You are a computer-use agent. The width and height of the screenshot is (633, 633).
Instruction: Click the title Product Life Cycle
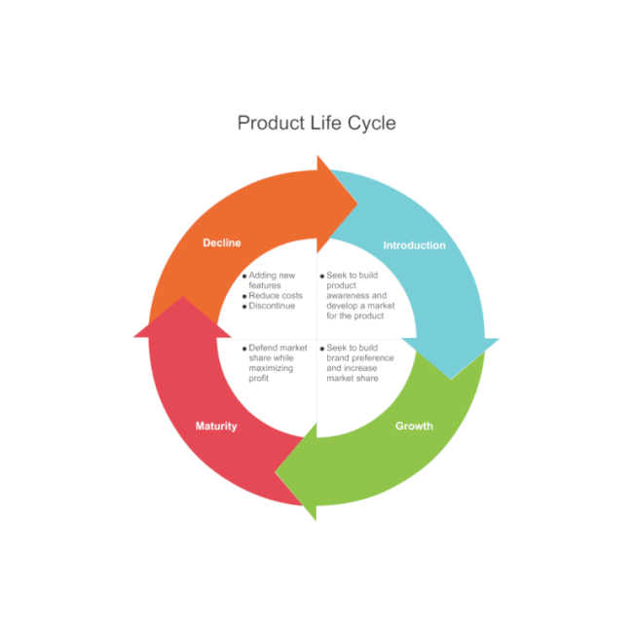tap(316, 124)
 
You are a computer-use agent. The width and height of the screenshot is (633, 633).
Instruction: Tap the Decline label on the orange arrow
tap(221, 242)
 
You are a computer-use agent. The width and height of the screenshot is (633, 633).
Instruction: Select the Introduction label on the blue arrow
tap(414, 245)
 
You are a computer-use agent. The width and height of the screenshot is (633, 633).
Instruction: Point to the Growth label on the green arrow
tap(414, 427)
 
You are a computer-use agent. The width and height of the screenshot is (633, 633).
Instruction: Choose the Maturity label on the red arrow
tap(215, 427)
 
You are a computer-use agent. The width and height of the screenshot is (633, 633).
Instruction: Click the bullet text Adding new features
tap(271, 280)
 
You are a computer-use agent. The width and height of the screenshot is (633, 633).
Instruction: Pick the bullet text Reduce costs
tap(276, 296)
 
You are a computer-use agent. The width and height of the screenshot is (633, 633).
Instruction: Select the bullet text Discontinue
tap(272, 306)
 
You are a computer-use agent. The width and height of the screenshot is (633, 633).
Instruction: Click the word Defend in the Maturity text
tap(263, 348)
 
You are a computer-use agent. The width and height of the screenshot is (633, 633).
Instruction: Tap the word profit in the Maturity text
tap(259, 378)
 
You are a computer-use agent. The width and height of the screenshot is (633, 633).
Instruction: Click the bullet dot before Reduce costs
tap(244, 296)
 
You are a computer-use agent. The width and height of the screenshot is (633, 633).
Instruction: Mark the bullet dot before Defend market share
tap(244, 349)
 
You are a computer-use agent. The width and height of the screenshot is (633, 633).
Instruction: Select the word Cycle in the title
tap(371, 124)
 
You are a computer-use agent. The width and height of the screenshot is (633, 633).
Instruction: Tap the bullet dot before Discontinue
tap(244, 307)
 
